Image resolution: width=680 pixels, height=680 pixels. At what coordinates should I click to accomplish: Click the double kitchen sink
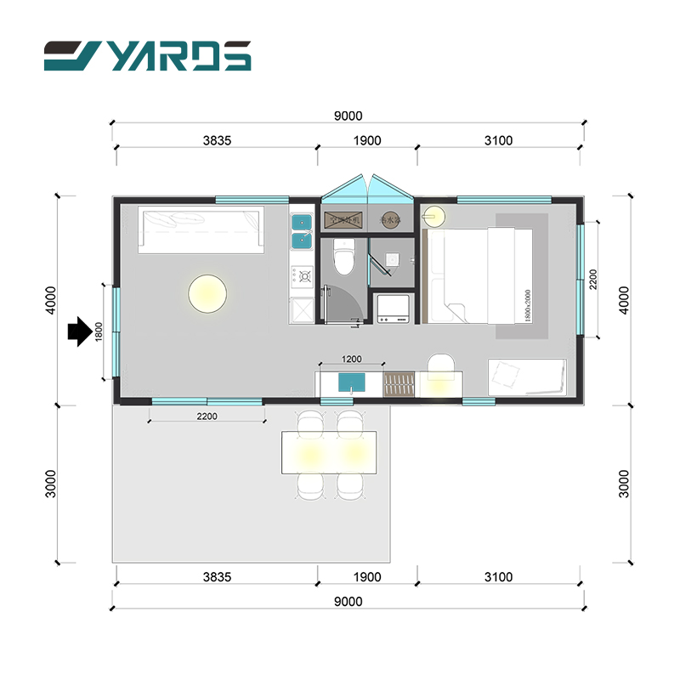click(x=301, y=231)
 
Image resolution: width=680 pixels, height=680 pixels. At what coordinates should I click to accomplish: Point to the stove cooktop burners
click(x=302, y=275)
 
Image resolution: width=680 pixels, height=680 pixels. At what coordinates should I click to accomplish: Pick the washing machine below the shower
click(x=394, y=308)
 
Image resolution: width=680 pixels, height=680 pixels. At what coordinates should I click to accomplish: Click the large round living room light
click(x=207, y=293)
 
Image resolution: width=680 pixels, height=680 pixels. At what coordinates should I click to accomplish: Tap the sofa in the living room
click(x=201, y=229)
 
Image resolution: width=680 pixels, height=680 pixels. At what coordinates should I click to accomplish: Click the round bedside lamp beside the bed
click(x=434, y=213)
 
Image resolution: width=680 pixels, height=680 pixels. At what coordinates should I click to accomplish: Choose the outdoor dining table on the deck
click(x=328, y=451)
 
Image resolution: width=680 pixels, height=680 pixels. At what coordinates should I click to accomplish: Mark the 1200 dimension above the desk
click(x=351, y=360)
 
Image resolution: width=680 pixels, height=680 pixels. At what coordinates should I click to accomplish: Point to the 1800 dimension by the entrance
click(x=99, y=331)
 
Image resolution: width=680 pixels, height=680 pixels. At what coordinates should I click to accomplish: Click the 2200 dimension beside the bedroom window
click(x=593, y=278)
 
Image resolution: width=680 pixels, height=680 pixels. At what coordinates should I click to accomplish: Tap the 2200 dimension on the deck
click(x=207, y=416)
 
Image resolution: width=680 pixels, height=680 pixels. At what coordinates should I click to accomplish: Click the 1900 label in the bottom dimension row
click(x=367, y=577)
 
